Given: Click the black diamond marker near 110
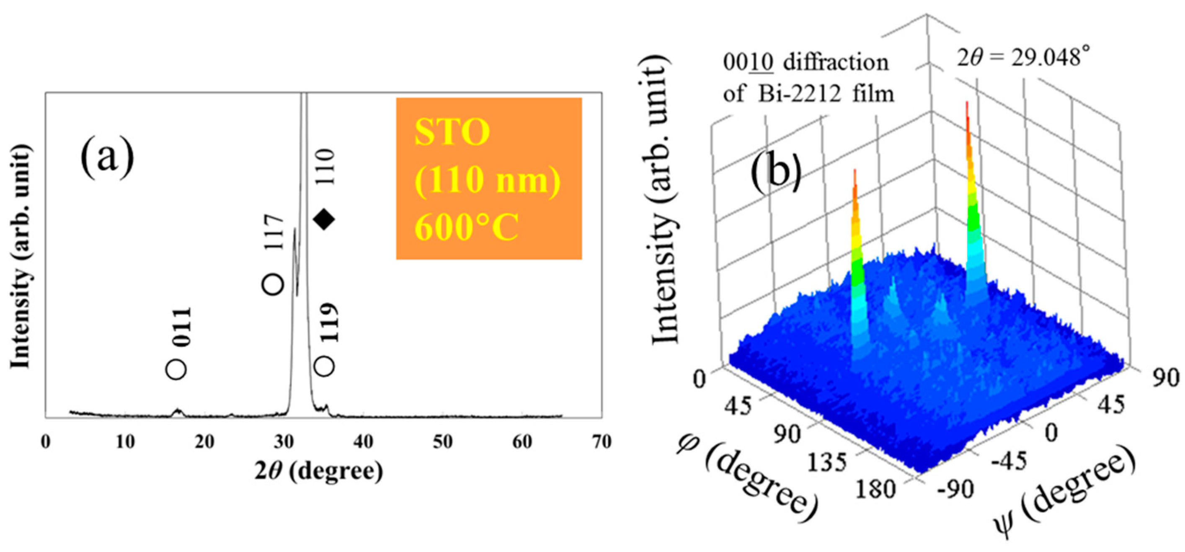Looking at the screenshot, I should point(324,219).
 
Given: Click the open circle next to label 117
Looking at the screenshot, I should point(272,285).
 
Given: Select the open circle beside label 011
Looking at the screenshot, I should point(176,369).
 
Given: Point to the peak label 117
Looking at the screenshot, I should point(275,239).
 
